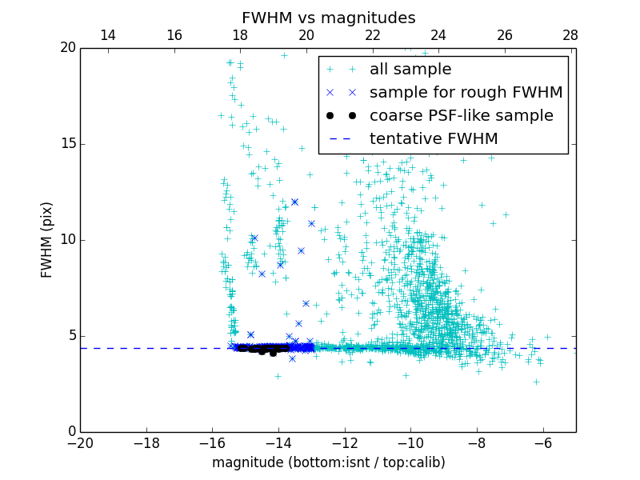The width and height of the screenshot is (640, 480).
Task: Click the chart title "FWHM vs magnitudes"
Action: coord(328,18)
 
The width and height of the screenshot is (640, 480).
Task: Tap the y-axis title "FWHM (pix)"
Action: coord(47,239)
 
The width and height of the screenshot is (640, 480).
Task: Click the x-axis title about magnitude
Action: coord(328,462)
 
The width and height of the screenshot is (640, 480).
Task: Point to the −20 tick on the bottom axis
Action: coord(80,442)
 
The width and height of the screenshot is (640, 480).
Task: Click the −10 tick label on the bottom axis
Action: coord(410,442)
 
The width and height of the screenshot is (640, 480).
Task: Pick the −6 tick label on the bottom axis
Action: coord(542,442)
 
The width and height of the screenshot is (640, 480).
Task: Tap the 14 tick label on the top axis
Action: coord(107,35)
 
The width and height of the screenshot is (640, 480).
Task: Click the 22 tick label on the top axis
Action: coord(372,35)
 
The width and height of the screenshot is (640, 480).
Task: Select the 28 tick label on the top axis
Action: coord(570,35)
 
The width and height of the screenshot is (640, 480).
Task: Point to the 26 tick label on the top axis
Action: coord(504,35)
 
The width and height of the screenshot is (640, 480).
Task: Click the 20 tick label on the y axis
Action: coord(67,48)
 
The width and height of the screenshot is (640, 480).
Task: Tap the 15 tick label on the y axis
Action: coord(67,144)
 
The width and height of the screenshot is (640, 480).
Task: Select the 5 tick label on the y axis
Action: coord(70,336)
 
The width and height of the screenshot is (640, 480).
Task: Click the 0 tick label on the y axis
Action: coord(70,432)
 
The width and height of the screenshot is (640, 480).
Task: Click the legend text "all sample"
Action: coord(410,70)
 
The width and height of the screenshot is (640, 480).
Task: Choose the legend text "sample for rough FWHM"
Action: coord(466,93)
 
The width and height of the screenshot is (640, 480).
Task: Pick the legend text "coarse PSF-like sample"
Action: coord(461,116)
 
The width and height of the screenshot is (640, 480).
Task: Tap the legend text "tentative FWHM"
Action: coord(434,139)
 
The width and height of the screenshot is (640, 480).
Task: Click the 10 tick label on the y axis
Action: coord(67,240)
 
